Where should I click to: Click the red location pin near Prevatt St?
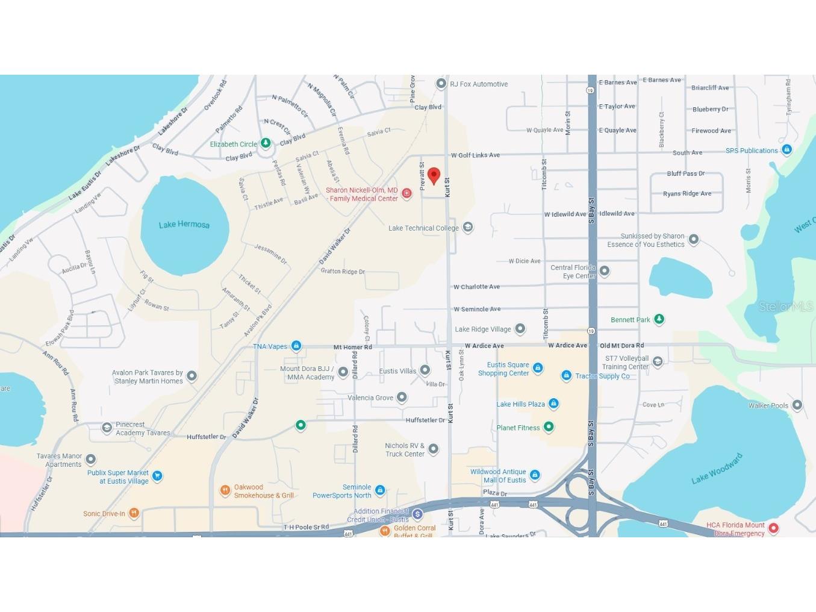tap(434, 175)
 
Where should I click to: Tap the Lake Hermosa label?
tap(184, 225)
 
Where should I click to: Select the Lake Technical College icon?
tap(468, 227)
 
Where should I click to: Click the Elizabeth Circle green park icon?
tap(266, 143)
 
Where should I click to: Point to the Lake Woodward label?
tap(717, 469)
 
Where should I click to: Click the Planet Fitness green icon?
tap(549, 427)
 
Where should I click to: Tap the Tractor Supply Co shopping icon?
tap(566, 376)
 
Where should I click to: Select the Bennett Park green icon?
tap(659, 319)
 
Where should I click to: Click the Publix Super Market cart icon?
tap(157, 476)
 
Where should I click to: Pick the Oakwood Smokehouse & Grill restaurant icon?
tap(225, 490)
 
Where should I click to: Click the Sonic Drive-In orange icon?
tap(134, 513)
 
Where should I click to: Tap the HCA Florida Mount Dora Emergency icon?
tap(774, 528)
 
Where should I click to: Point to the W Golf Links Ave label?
tap(475, 155)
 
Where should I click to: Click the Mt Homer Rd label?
tap(352, 347)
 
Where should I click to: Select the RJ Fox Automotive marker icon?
tap(441, 84)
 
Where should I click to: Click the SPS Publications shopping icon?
tap(786, 149)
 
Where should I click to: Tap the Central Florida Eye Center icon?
tap(605, 271)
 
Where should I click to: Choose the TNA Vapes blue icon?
tap(296, 346)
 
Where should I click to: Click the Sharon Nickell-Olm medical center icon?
tap(406, 193)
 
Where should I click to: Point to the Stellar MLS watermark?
tap(785, 307)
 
